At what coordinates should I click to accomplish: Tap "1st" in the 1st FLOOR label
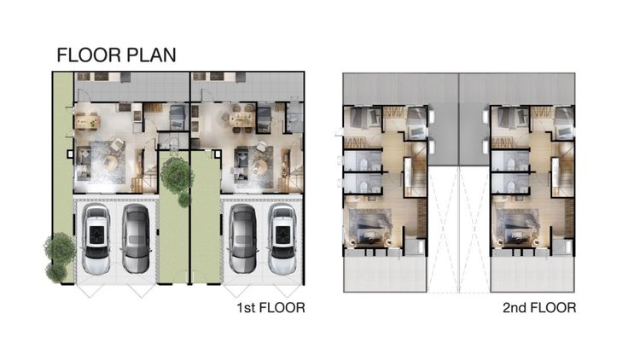[246, 307]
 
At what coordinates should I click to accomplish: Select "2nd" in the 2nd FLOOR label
[515, 307]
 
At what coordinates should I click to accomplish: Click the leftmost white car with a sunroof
[96, 239]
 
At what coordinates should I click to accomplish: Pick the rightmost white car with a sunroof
[282, 239]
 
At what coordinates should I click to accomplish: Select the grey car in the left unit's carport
[136, 239]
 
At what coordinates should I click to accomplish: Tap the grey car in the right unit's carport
[242, 239]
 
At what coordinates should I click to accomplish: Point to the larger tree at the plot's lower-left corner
[61, 247]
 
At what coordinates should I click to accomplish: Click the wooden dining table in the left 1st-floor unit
[87, 121]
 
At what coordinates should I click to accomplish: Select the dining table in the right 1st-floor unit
[241, 119]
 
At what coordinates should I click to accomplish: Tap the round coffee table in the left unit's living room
[110, 163]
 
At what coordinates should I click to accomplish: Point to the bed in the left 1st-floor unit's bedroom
[177, 116]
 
